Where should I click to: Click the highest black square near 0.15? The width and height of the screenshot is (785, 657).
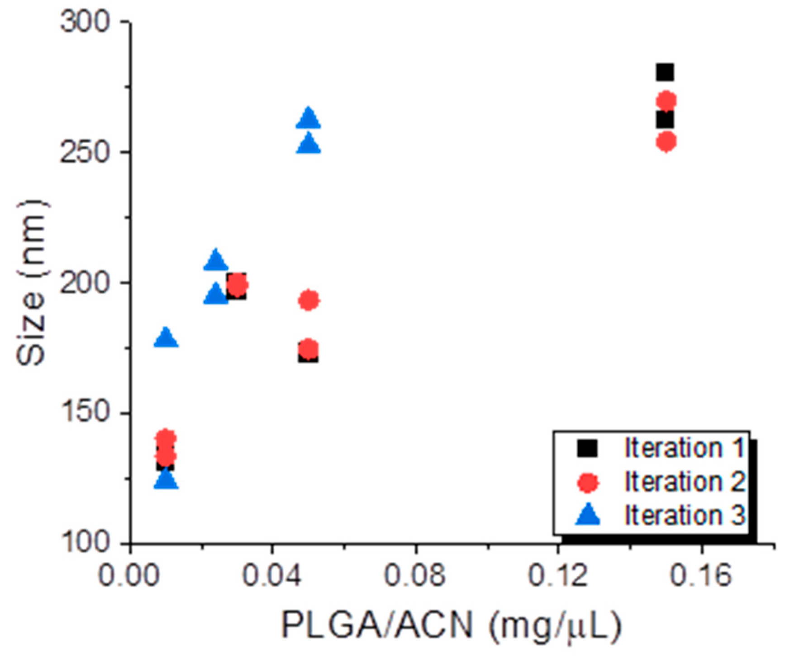[665, 72]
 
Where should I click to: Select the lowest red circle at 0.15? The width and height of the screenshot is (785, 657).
[666, 142]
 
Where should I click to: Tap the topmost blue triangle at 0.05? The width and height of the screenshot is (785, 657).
[308, 119]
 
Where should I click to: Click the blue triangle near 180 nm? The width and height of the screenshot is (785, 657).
[166, 338]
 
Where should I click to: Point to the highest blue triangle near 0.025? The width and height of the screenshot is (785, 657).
[216, 260]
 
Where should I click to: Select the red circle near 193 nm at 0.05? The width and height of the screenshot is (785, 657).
[309, 300]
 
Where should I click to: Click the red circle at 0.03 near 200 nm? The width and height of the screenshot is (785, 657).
[237, 285]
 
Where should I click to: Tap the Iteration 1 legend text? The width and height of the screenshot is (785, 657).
[684, 448]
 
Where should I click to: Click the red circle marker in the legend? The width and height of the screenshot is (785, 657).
[588, 482]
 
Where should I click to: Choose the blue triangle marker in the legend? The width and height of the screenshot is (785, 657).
[588, 516]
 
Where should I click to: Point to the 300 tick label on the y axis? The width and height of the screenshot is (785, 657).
[85, 21]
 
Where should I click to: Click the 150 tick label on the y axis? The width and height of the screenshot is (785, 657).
[85, 413]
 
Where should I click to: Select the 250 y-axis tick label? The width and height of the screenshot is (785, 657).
[85, 152]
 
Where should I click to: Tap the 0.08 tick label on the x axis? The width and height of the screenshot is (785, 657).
[415, 575]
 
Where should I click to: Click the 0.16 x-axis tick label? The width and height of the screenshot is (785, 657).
[701, 575]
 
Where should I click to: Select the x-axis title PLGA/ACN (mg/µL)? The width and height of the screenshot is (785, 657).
[452, 625]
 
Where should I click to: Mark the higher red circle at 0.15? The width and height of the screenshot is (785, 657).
[666, 101]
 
